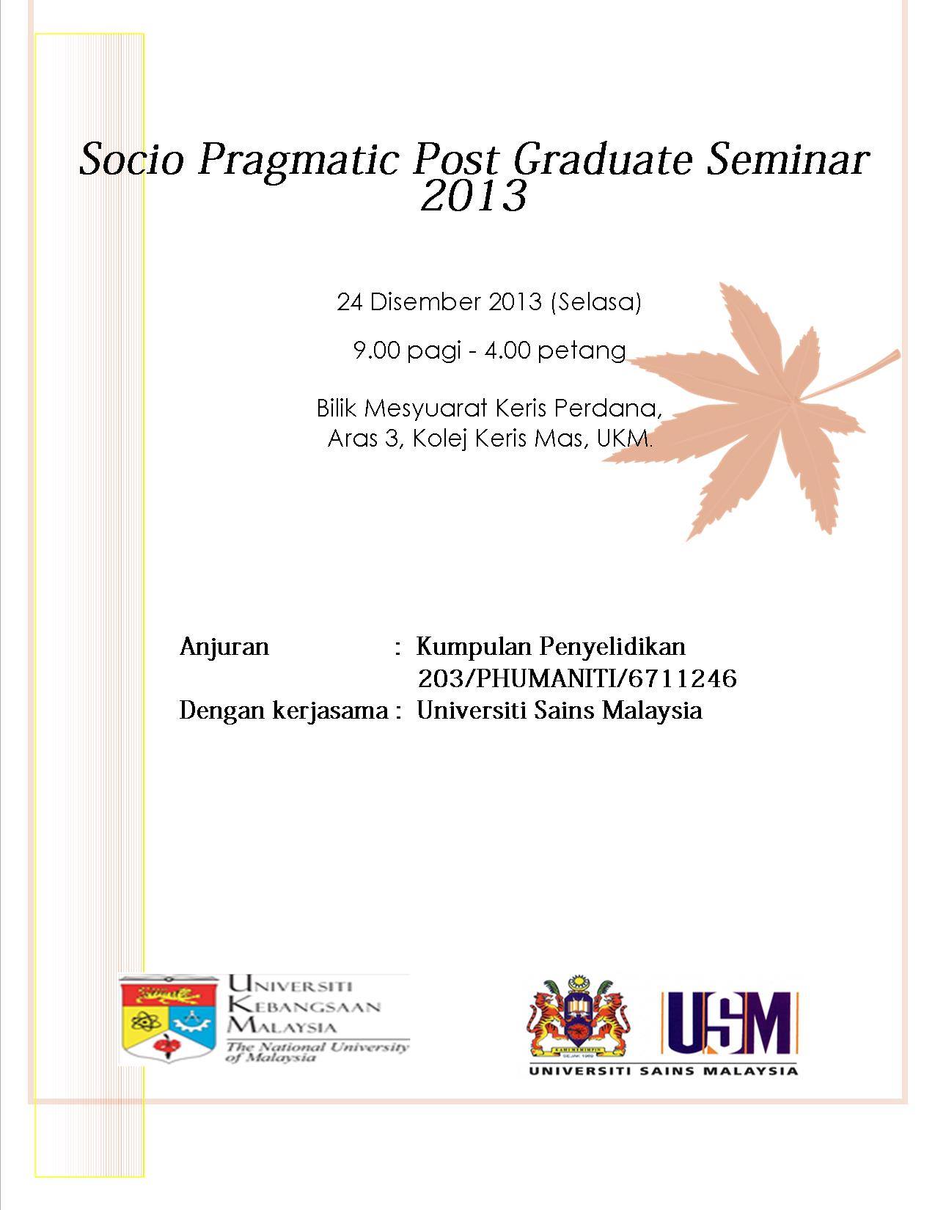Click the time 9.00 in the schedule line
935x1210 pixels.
tap(376, 351)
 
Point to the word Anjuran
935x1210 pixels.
tap(224, 648)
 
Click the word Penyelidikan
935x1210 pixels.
tap(612, 648)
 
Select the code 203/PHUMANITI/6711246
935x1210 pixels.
tap(577, 678)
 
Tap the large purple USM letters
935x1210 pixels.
tap(731, 1023)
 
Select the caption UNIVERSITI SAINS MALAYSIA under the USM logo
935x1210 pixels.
tap(663, 1070)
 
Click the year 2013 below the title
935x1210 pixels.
tap(473, 196)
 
